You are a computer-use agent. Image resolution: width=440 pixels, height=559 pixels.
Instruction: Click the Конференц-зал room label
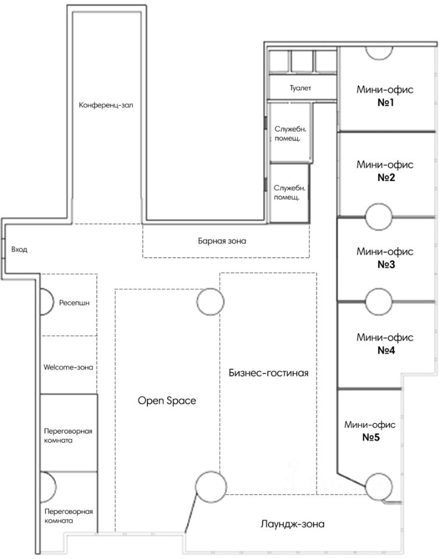[107, 105]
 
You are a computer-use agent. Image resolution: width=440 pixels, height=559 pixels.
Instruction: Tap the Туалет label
[301, 89]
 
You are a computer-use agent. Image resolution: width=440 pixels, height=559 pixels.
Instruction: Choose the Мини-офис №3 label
[385, 258]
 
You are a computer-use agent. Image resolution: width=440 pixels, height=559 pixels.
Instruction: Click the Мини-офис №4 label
[385, 344]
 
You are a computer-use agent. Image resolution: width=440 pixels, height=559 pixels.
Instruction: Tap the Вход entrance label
[19, 250]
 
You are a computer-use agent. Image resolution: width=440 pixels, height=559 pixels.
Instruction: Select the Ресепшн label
[73, 303]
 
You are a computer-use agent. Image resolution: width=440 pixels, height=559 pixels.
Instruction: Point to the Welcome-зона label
[69, 367]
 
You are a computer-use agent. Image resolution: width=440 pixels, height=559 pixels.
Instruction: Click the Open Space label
[167, 401]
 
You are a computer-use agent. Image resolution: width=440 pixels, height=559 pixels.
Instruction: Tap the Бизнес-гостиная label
[268, 373]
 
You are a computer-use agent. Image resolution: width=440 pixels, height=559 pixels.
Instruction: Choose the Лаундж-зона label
[293, 523]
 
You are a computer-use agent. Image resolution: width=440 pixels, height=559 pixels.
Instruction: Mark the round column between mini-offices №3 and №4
[379, 302]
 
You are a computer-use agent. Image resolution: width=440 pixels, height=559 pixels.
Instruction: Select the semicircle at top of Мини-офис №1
[379, 52]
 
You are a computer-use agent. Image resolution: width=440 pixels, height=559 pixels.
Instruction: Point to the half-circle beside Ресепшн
[46, 301]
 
